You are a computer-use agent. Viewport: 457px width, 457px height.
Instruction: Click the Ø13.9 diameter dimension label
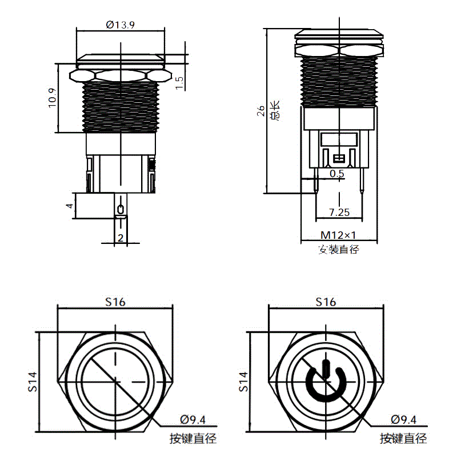pyautogui.click(x=120, y=25)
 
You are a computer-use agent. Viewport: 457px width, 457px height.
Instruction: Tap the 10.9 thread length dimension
pyautogui.click(x=52, y=98)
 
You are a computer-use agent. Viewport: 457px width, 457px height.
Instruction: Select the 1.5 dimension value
pyautogui.click(x=179, y=83)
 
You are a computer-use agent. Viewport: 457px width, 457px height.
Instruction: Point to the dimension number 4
pyautogui.click(x=69, y=206)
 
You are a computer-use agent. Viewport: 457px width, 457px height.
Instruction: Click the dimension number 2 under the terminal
pyautogui.click(x=121, y=238)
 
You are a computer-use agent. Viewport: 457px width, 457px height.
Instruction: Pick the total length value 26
pyautogui.click(x=260, y=111)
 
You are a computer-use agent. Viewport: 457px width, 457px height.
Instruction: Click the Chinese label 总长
pyautogui.click(x=275, y=110)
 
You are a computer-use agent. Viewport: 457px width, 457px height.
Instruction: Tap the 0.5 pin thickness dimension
pyautogui.click(x=337, y=174)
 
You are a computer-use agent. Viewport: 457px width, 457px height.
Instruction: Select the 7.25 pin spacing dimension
pyautogui.click(x=339, y=212)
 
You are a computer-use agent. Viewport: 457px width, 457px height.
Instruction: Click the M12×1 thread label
pyautogui.click(x=338, y=235)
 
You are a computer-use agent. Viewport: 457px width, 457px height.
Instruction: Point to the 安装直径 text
pyautogui.click(x=339, y=250)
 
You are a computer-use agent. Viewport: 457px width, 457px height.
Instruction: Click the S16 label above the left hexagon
pyautogui.click(x=115, y=302)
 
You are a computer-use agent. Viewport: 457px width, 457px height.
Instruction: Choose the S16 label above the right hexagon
pyautogui.click(x=326, y=302)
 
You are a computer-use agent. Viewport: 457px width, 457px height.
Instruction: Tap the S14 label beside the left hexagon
pyautogui.click(x=33, y=382)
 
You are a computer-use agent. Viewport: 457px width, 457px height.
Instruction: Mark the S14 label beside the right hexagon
pyautogui.click(x=243, y=382)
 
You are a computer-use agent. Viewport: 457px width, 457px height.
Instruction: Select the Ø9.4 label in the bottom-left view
pyautogui.click(x=193, y=420)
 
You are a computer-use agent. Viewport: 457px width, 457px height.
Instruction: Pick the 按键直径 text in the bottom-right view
pyautogui.click(x=404, y=438)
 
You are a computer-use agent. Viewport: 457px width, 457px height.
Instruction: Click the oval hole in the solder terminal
pyautogui.click(x=121, y=209)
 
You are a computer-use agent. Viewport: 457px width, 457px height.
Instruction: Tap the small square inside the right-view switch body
pyautogui.click(x=339, y=159)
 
